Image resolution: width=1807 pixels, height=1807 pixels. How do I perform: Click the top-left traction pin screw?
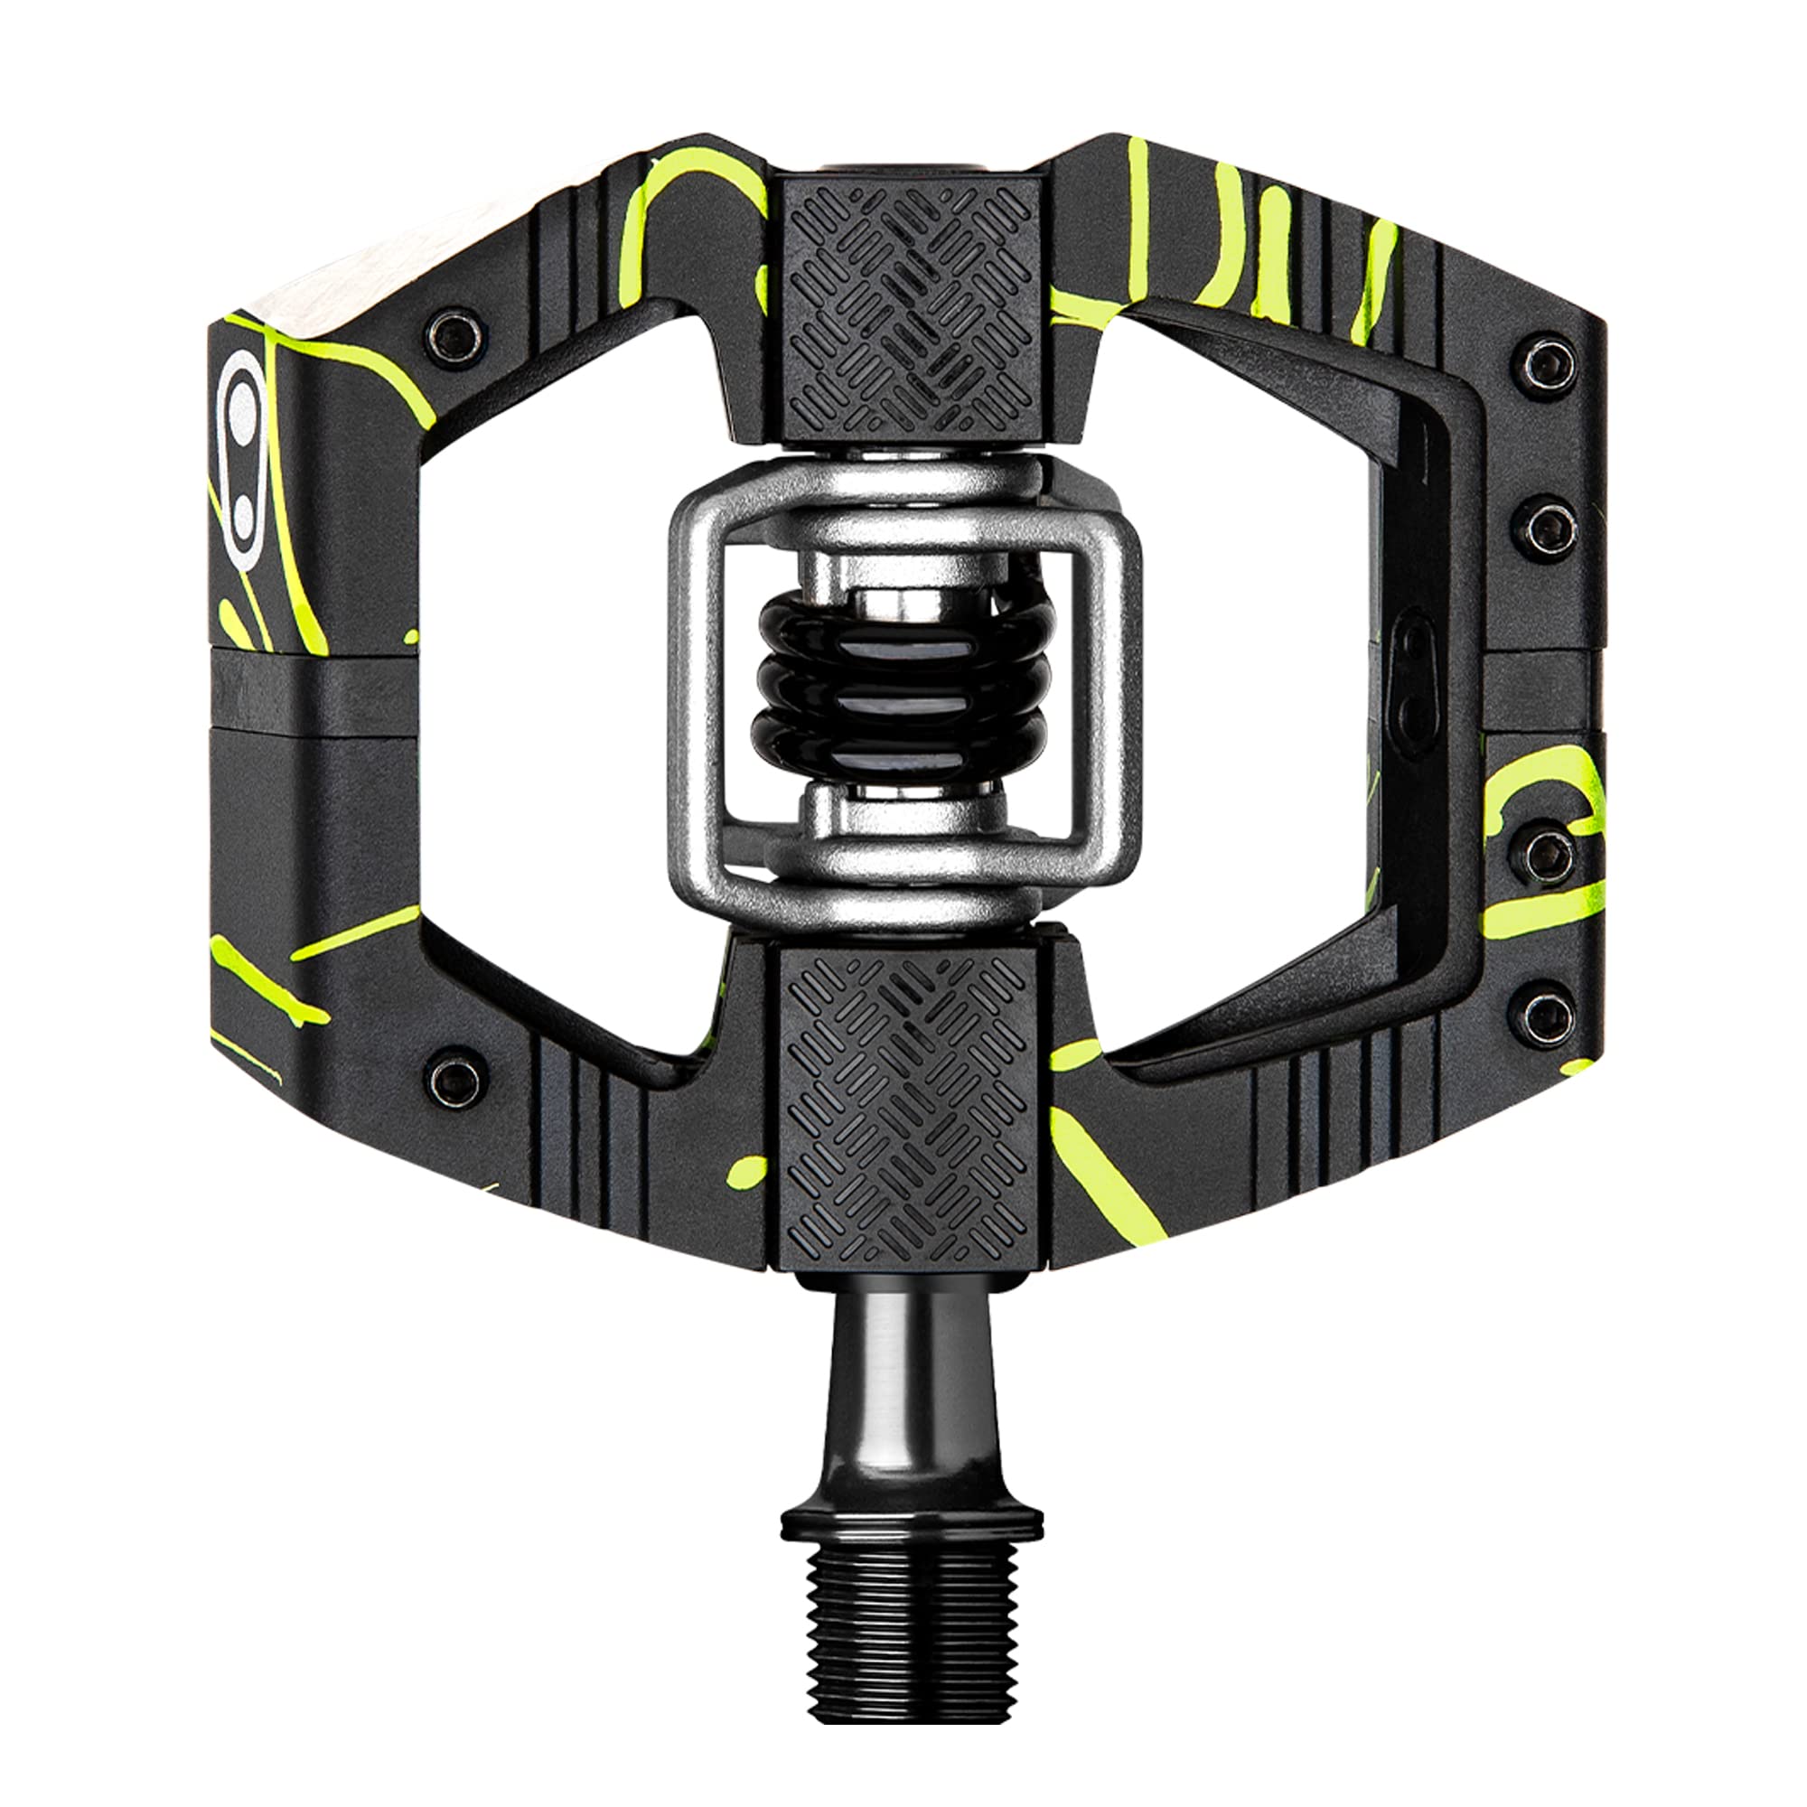(x=455, y=337)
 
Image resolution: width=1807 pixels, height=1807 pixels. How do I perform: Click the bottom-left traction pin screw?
(x=455, y=1080)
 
